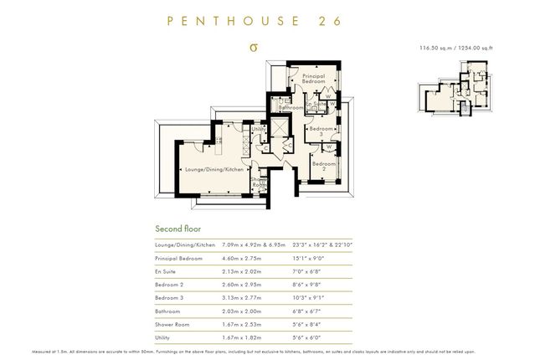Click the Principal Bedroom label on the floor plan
pos(313,78)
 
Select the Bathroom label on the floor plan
pos(291,108)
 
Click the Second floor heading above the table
pos(178,229)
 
